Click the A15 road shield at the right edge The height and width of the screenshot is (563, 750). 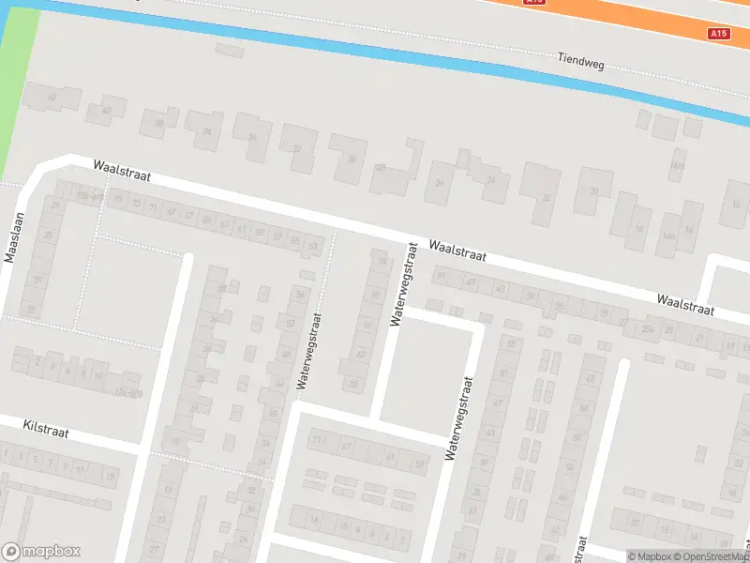click(719, 34)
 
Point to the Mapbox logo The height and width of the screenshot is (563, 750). click(41, 552)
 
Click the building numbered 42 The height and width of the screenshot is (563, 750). click(52, 97)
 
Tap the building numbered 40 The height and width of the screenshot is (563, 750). click(106, 110)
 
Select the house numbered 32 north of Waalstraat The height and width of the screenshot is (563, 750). click(296, 149)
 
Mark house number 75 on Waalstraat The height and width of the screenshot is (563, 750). click(118, 199)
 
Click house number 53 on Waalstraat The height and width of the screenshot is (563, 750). click(313, 246)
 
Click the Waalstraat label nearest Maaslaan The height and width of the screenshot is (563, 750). click(122, 170)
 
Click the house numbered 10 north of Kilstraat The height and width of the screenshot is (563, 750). click(98, 374)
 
